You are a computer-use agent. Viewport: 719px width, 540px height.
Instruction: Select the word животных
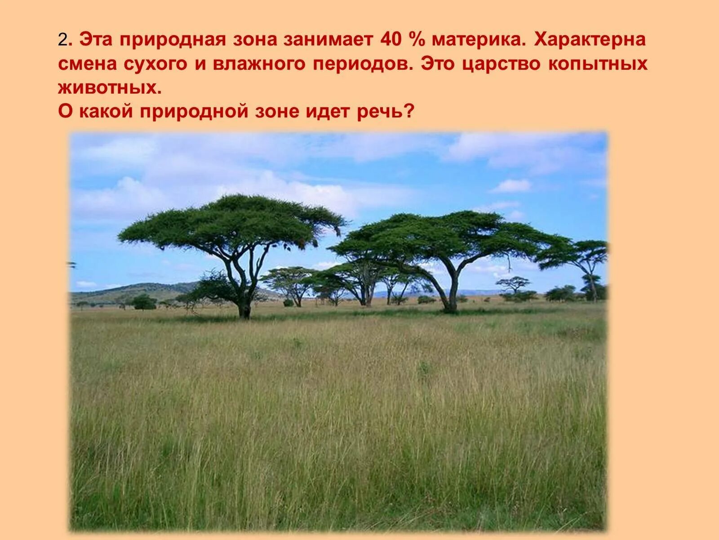pyautogui.click(x=109, y=88)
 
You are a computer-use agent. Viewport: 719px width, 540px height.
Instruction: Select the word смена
pyautogui.click(x=85, y=64)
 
